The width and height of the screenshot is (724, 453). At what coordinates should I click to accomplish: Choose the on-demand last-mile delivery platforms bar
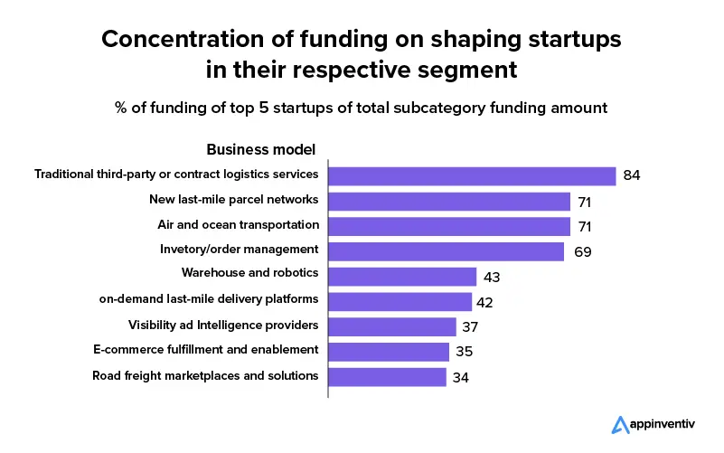(400, 301)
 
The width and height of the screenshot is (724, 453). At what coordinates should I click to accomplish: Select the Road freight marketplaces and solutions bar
(388, 376)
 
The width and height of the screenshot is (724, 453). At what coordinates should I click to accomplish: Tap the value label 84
(632, 175)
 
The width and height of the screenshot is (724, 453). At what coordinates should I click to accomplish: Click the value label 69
(583, 251)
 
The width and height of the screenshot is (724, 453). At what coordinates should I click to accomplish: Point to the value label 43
(492, 277)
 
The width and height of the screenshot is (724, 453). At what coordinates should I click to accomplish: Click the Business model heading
(261, 150)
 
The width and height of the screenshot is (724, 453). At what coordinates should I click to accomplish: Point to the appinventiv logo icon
(620, 425)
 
